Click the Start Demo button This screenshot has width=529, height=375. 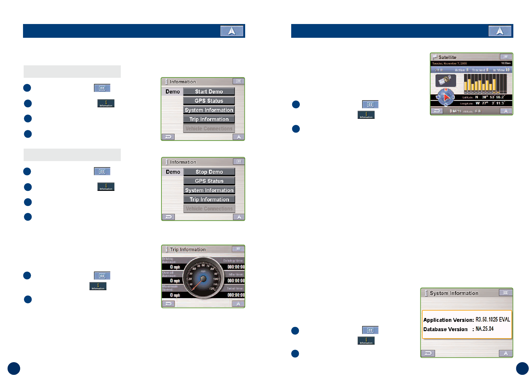coord(209,92)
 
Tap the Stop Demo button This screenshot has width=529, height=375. coord(209,172)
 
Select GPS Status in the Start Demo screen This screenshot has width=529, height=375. coord(209,101)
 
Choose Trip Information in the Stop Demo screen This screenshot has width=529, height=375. coord(209,200)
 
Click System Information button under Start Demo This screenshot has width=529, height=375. coord(209,110)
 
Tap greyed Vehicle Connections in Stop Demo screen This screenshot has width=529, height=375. coord(209,209)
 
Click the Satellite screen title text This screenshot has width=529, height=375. coord(447,57)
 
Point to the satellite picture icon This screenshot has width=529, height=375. coord(446,80)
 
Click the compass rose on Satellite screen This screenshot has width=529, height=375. coord(446,97)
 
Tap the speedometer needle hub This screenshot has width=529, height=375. coord(203,279)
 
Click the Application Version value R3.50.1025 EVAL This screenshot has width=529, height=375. coord(493,320)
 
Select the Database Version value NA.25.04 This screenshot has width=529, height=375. coord(485,329)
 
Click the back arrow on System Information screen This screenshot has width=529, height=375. coord(428,353)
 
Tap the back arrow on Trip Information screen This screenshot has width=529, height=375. coord(168,304)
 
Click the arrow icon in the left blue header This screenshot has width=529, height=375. coord(232,31)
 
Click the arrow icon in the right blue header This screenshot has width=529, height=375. coord(500,31)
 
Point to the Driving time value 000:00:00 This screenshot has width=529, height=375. coord(236,267)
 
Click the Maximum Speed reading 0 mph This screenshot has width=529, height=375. coord(175,295)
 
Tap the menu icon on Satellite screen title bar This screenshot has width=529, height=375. coord(506,57)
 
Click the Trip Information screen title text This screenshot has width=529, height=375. coord(188,249)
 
